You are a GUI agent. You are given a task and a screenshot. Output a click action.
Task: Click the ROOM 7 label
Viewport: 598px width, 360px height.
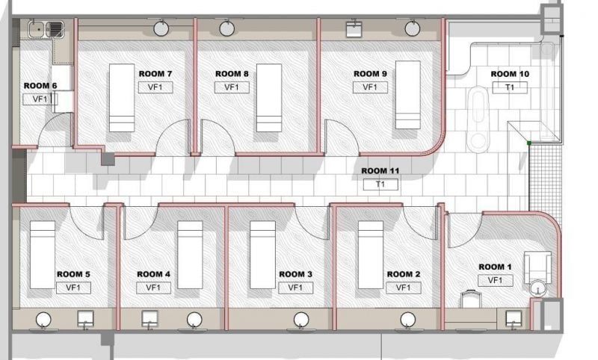coord(155,74)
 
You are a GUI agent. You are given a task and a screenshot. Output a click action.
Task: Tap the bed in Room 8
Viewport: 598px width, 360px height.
coord(269,98)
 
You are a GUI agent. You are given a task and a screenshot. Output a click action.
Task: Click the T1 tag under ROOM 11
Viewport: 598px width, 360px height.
coord(380,184)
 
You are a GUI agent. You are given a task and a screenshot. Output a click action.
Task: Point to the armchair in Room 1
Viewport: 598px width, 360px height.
coord(537,267)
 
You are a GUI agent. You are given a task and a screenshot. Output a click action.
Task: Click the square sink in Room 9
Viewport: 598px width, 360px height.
coord(354,29)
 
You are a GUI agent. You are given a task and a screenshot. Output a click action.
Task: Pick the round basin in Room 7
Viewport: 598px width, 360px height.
coord(161,28)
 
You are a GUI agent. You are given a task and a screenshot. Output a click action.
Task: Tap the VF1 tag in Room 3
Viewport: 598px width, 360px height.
coord(295,288)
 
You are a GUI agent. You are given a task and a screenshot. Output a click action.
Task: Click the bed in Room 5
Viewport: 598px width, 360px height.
coord(43,255)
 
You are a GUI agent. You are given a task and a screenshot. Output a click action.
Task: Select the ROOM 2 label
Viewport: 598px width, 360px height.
coord(404,274)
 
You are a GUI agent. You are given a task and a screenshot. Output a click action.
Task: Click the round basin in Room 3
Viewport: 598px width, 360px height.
coord(301,320)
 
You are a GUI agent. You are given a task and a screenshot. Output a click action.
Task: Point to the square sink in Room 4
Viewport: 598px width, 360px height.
coord(149,318)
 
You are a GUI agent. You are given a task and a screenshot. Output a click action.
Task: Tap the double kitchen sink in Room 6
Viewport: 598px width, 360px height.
coord(46,29)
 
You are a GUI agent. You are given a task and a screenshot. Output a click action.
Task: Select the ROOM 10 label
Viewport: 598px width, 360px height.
coord(510,74)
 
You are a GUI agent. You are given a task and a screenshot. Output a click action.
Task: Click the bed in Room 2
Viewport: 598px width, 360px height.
coord(371,255)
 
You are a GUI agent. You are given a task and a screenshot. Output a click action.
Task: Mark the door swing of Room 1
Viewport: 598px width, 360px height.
coord(464,230)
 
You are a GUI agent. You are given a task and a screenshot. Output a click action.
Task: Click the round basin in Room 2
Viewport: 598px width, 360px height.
coord(407,320)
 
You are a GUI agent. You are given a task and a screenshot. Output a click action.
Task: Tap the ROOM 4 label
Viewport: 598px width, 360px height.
coord(153,274)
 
